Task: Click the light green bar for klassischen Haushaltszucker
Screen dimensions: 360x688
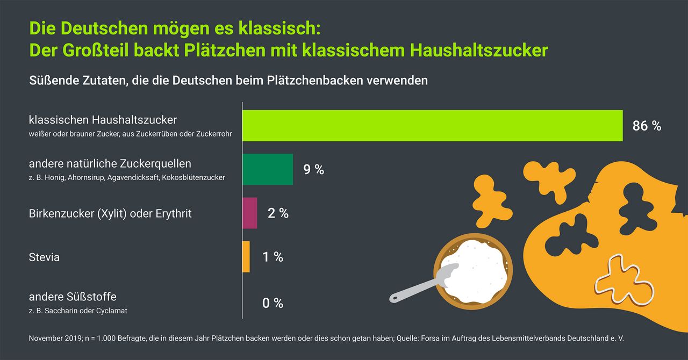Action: pos(432,126)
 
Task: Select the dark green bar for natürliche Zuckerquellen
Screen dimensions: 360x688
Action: pos(268,169)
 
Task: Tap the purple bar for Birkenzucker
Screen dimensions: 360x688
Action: pos(250,213)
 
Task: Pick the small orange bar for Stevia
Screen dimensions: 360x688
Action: pos(246,257)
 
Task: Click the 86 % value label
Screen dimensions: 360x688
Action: pos(647,126)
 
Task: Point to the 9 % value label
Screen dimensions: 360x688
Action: pos(314,170)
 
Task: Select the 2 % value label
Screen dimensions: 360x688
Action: pos(278,213)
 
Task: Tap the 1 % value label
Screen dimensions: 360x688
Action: pos(273,257)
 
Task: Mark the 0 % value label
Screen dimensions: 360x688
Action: pos(273,303)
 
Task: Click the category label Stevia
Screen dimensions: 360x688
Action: pos(44,257)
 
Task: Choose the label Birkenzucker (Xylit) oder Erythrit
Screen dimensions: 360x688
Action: pos(110,213)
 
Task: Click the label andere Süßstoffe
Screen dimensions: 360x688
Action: pos(73,297)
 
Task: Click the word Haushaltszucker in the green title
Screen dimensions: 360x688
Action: pos(479,50)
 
